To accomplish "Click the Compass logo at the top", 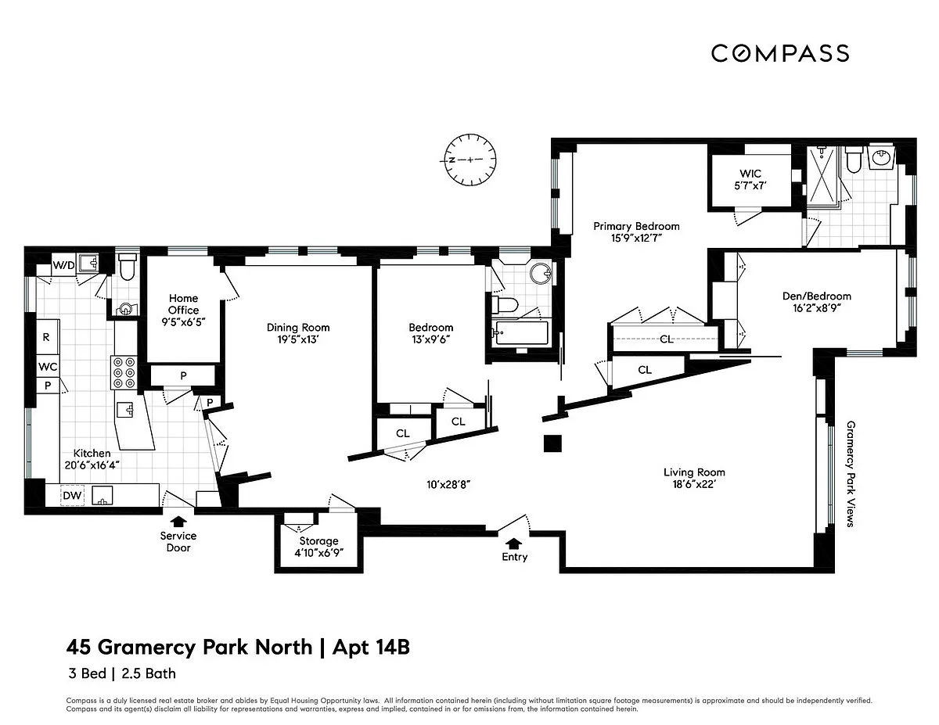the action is click(x=780, y=53).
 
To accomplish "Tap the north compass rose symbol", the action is click(x=470, y=160).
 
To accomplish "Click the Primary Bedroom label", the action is click(x=636, y=226).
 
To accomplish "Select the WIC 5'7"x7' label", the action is click(x=750, y=180).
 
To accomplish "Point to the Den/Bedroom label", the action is click(x=817, y=296).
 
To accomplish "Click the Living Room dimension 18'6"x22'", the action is click(x=694, y=484).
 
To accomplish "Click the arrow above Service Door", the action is click(x=178, y=522).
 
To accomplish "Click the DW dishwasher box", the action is click(x=72, y=495).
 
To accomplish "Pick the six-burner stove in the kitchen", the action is click(x=124, y=372).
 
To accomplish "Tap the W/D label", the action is click(x=64, y=265).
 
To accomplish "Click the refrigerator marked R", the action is click(x=48, y=337).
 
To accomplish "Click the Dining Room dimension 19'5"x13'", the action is click(x=298, y=339).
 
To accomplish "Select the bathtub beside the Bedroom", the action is click(x=523, y=333).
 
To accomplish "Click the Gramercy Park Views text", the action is click(x=851, y=474).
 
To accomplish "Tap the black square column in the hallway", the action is click(x=552, y=443).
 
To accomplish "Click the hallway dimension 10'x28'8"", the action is click(x=448, y=484).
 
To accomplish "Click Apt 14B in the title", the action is click(x=371, y=647).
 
